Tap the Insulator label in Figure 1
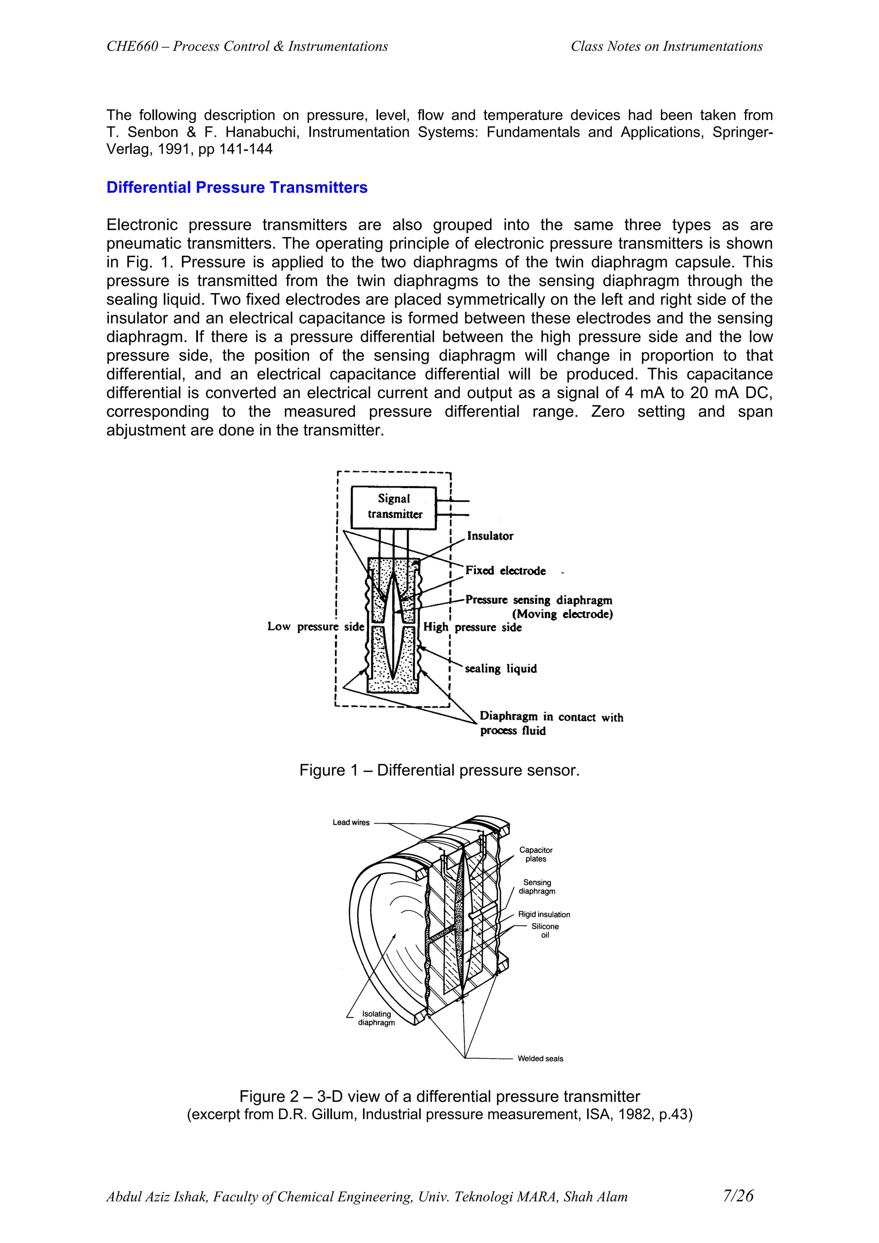coord(490,536)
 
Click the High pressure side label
coord(472,627)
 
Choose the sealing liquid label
coord(501,669)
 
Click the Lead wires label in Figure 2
coord(351,822)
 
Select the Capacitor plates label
coord(536,854)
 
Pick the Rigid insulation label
coord(544,914)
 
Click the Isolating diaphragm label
coord(376,1018)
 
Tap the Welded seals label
coord(540,1059)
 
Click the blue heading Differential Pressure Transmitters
coord(236,187)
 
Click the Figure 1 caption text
coord(439,770)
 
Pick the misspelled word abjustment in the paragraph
coord(145,430)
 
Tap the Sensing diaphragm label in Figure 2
coord(537,887)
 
